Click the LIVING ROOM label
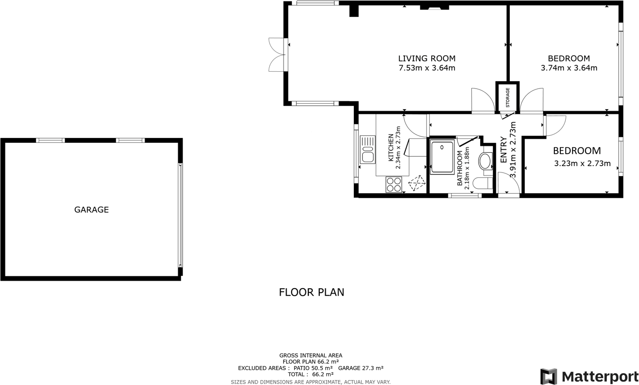click(x=427, y=58)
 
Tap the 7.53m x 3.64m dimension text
click(x=427, y=68)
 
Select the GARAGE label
click(x=92, y=210)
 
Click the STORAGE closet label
click(x=507, y=97)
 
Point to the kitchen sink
click(x=367, y=150)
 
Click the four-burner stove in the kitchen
click(x=394, y=184)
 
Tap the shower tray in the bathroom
click(x=442, y=157)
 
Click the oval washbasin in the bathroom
click(x=485, y=161)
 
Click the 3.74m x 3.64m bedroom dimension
click(x=569, y=68)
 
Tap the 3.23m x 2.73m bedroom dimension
click(x=582, y=164)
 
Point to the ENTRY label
click(x=504, y=150)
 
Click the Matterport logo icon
click(x=548, y=377)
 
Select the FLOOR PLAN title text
click(x=311, y=292)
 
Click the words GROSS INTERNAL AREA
click(x=310, y=355)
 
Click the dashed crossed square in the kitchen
click(x=417, y=183)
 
